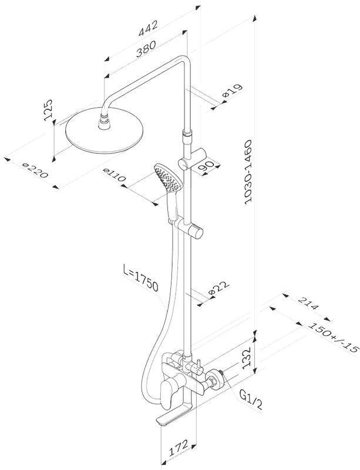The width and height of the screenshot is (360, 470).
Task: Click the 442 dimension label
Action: point(148,28)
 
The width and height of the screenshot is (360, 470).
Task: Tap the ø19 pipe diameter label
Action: point(232,91)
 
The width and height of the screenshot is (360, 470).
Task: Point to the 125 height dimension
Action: point(48,110)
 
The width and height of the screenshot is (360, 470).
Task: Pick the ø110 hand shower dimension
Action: point(113,175)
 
